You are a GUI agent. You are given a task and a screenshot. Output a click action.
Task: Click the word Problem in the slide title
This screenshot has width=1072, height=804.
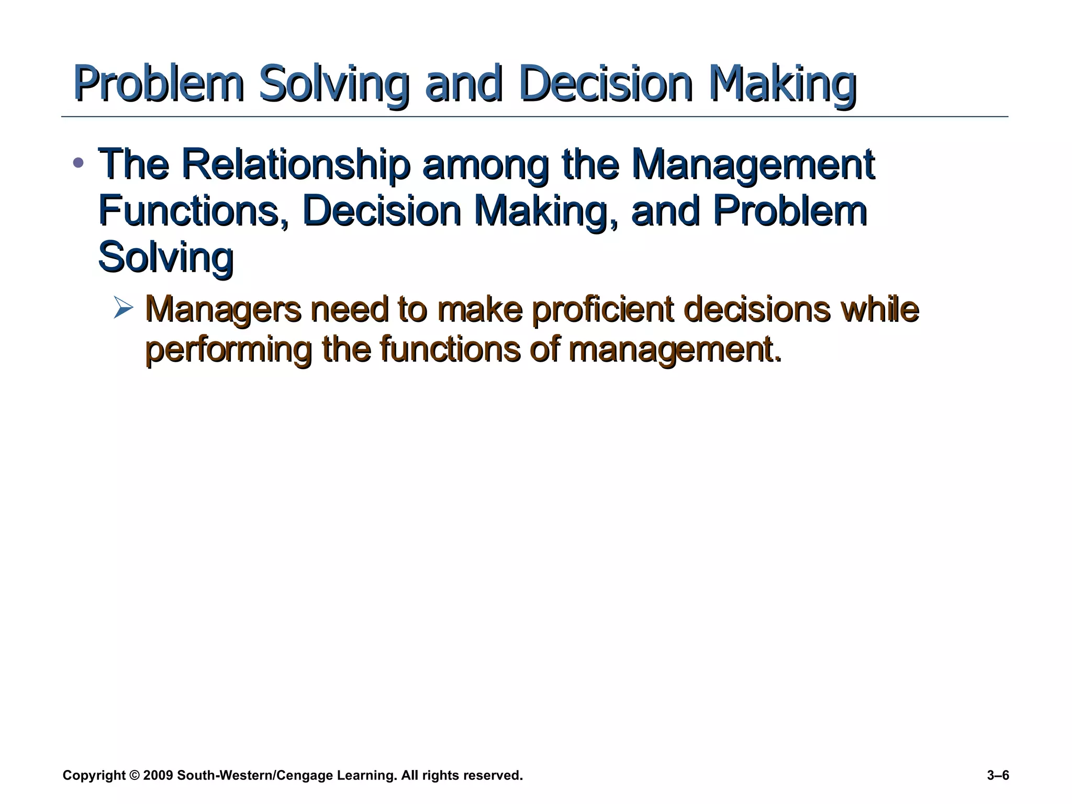point(159,84)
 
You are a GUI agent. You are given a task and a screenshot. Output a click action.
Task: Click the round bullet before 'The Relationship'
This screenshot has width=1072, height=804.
point(78,163)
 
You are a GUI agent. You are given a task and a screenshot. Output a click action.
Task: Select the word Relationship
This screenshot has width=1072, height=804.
point(296,164)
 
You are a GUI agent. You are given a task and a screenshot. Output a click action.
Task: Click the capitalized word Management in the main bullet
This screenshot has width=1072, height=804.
point(753,164)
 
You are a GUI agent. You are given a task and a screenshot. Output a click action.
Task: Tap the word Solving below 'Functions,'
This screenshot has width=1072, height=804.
point(165,256)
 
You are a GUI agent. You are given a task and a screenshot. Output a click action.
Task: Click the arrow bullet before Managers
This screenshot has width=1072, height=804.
point(124,307)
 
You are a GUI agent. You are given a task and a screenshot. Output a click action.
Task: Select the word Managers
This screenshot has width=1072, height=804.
point(223,309)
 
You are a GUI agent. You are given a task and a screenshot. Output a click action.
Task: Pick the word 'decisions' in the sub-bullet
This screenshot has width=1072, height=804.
point(757,309)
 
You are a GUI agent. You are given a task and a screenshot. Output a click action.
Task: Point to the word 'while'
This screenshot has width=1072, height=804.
point(879,309)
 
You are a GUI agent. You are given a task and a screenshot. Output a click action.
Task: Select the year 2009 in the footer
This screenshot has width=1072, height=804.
point(158,775)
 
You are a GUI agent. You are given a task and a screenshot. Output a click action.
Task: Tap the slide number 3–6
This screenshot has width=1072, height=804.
point(998,775)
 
